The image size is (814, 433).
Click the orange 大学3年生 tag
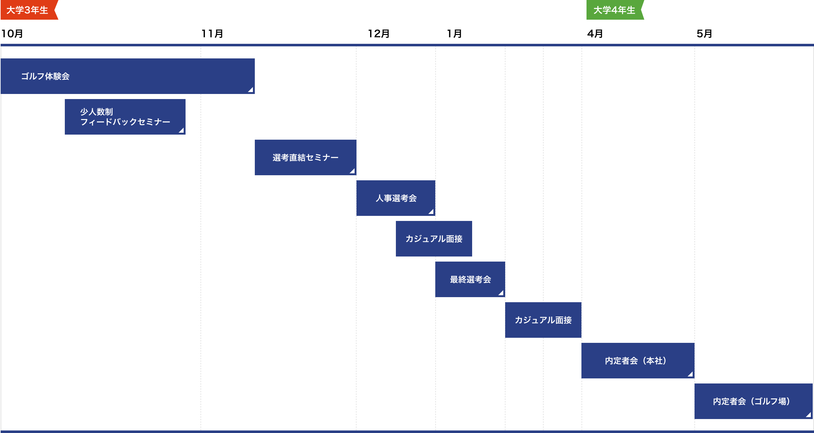28,10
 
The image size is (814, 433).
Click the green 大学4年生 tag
614,10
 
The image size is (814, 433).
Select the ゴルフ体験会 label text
45,77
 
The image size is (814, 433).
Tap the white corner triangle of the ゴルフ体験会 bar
251,90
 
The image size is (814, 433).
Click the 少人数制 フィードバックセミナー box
125,117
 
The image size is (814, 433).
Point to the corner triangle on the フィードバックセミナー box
181,130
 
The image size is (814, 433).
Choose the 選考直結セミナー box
305,157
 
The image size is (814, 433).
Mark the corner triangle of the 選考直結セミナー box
352,171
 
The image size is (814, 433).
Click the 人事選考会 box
396,198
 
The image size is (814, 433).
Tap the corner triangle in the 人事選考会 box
431,212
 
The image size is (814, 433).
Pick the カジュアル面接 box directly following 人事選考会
434,239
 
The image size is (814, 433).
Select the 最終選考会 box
470,279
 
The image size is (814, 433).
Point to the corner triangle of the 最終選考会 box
501,293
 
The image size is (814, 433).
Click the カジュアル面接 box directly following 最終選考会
543,320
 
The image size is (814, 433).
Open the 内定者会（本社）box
637,361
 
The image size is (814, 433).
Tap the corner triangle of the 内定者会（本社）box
690,374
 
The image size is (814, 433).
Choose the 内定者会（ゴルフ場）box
753,401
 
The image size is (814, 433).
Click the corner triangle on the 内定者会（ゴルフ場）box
809,415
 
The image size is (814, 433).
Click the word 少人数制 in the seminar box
97,112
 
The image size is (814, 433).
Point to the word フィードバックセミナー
125,122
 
